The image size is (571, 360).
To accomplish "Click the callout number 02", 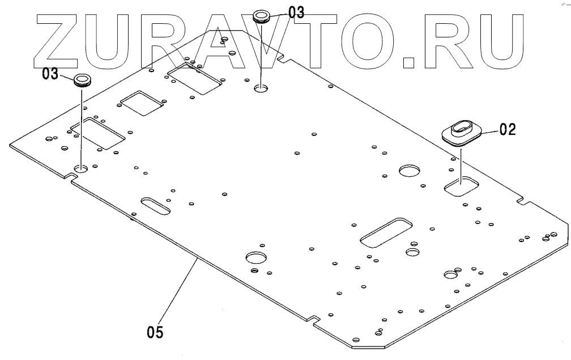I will point(508,130).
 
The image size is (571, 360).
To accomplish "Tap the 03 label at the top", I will point(296,12).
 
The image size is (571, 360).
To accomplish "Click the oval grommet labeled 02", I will point(462,133).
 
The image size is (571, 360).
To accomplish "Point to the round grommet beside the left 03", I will point(83,78).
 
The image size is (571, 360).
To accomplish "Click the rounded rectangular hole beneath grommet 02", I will point(462,185).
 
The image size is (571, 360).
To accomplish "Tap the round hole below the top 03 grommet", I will point(262,88).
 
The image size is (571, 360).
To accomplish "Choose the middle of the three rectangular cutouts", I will point(142,103).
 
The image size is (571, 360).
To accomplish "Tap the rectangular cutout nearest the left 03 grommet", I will point(97,134).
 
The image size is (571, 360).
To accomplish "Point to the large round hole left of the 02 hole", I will point(410,170).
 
